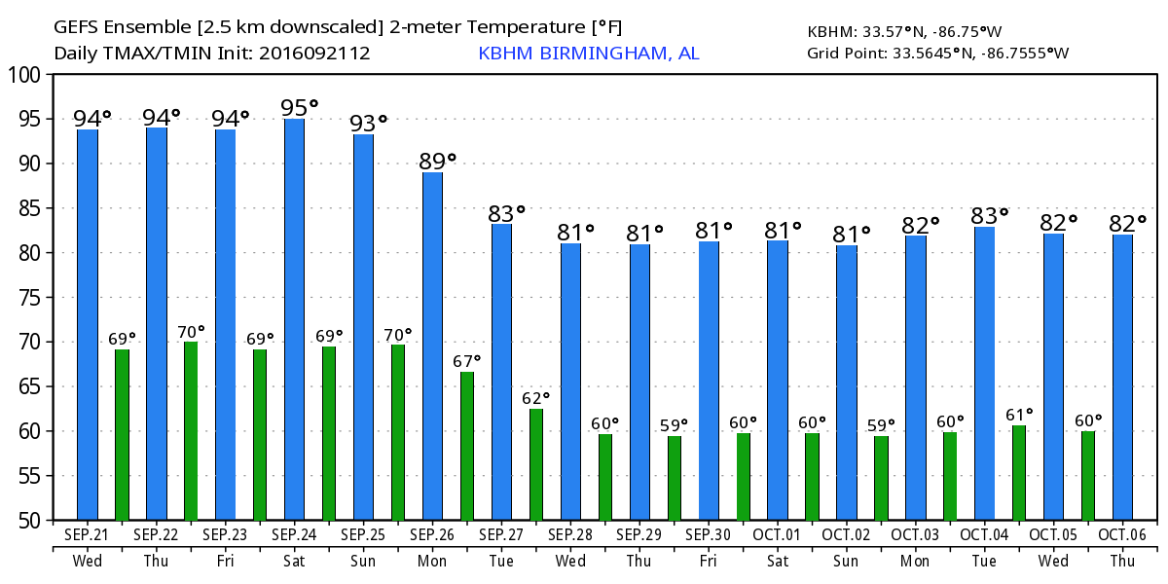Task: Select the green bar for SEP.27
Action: (536, 464)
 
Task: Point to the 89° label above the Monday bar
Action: (437, 162)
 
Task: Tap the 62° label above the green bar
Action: (536, 398)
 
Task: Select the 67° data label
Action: (467, 361)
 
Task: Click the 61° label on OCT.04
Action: (1019, 416)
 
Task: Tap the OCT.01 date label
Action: (778, 535)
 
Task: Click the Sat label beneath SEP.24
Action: (294, 561)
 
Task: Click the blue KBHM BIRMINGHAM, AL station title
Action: (588, 53)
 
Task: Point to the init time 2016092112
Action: (314, 53)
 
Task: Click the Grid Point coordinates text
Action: (937, 53)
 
